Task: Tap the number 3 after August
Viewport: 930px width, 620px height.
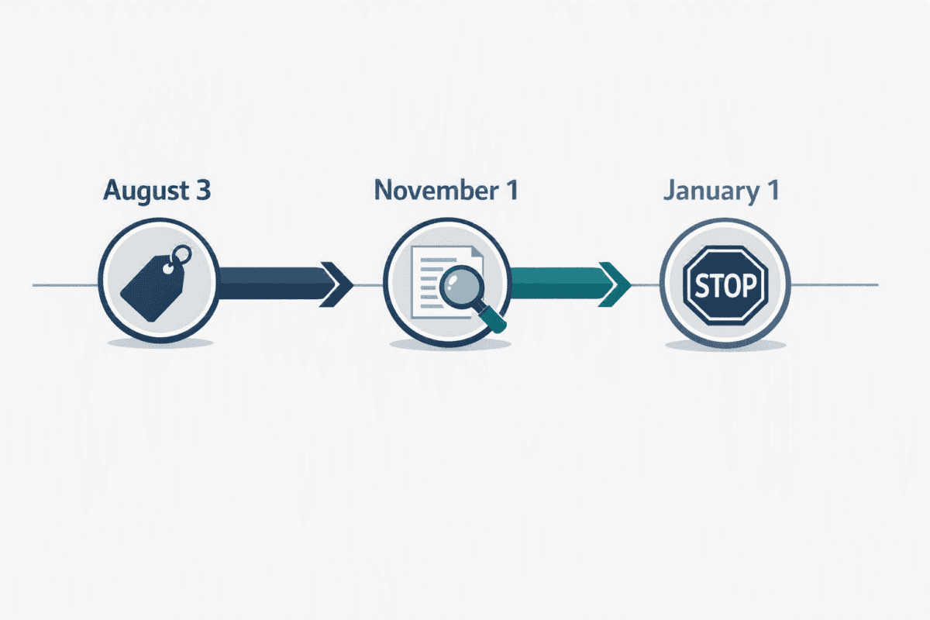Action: click(x=203, y=190)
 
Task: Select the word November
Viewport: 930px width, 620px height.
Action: click(x=436, y=190)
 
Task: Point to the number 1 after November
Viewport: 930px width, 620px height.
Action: click(x=512, y=190)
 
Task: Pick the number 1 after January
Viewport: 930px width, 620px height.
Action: click(x=773, y=190)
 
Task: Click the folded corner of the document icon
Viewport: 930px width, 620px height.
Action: click(x=477, y=252)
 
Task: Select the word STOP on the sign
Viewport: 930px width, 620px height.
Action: click(x=725, y=286)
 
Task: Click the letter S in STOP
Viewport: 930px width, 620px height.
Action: click(x=701, y=286)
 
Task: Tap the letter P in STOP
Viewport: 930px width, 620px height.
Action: click(x=749, y=285)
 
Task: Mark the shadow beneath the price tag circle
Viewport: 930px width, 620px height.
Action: click(x=160, y=343)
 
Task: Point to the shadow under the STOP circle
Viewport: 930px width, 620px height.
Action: click(x=725, y=346)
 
